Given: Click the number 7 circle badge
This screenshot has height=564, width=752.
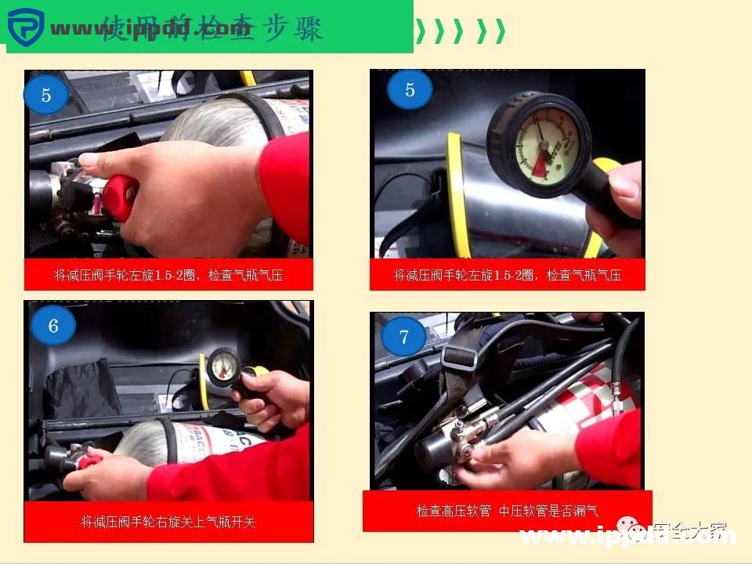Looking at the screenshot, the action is click(x=403, y=337).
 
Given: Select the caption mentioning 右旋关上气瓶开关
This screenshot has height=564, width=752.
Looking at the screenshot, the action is click(x=168, y=522).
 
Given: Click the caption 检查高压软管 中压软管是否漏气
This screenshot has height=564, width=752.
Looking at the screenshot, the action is click(x=507, y=511).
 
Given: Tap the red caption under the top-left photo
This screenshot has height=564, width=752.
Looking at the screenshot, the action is click(x=168, y=275).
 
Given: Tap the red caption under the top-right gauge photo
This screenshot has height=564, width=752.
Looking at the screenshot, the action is click(x=507, y=275).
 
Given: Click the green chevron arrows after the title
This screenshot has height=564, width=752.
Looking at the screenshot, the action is click(x=460, y=31).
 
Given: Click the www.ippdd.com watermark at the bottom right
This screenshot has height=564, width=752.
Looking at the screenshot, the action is click(x=627, y=537).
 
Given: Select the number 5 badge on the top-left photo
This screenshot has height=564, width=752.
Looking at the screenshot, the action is click(x=45, y=96).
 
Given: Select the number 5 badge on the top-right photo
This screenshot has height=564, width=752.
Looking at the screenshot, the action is click(x=410, y=90).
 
